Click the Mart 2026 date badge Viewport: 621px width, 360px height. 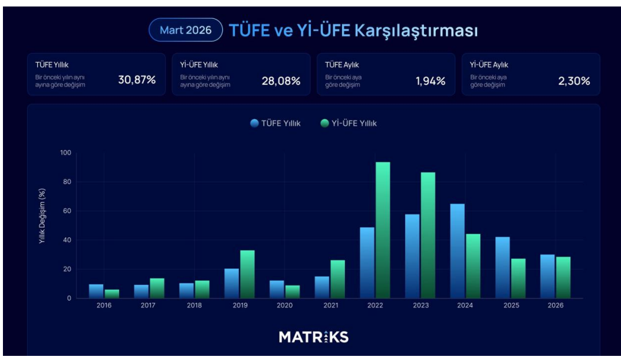tap(185, 30)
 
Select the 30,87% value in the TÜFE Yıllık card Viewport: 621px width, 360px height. tap(137, 81)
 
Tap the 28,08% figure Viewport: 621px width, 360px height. tap(281, 81)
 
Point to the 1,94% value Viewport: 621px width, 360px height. tap(430, 81)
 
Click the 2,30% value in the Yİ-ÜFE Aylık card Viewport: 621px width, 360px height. tap(574, 81)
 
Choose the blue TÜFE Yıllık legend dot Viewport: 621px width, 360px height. tap(255, 123)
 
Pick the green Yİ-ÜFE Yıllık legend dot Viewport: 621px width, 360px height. tap(325, 123)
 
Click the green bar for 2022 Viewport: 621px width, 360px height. tap(383, 230)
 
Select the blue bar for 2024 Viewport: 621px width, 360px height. tap(458, 251)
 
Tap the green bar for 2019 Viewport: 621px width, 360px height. tap(247, 274)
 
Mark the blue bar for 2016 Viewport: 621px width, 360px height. tap(96, 291)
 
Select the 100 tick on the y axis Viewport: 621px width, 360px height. tap(65, 153)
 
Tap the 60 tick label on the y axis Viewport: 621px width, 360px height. tap(67, 211)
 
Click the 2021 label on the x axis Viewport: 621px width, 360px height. tap(330, 305)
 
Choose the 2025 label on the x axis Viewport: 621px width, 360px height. tap(510, 305)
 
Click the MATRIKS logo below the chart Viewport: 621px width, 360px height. tap(313, 337)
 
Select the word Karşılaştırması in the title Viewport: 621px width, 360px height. tap(416, 31)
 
